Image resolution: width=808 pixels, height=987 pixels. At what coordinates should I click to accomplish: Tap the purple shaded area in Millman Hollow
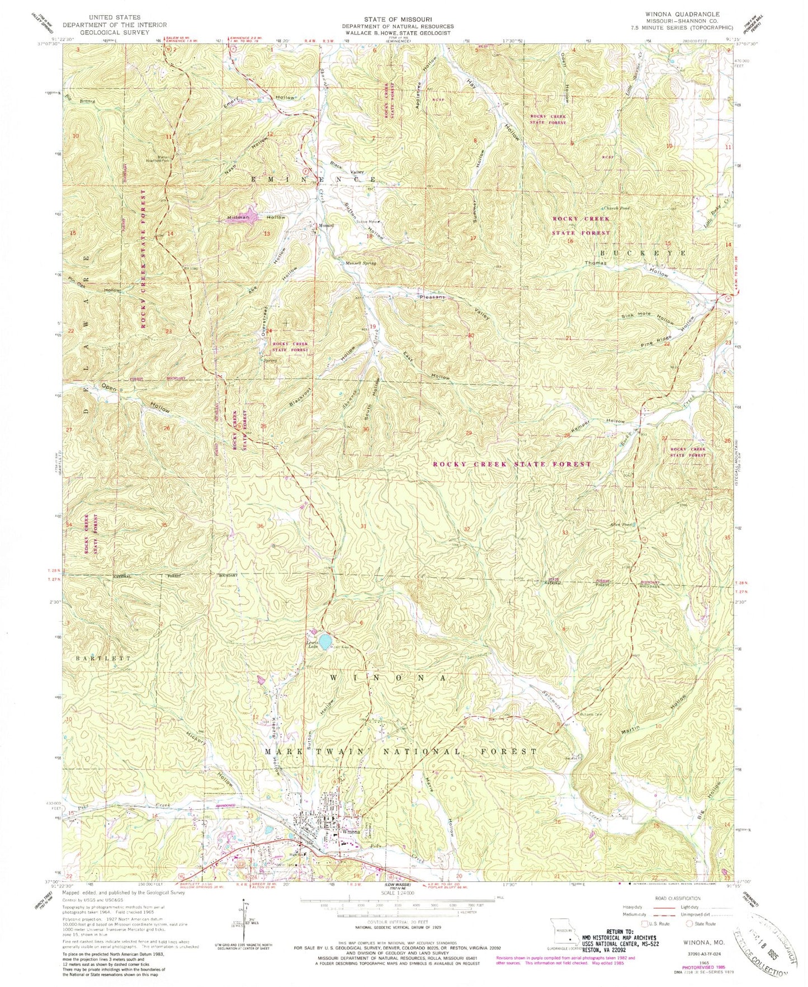[242, 217]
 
